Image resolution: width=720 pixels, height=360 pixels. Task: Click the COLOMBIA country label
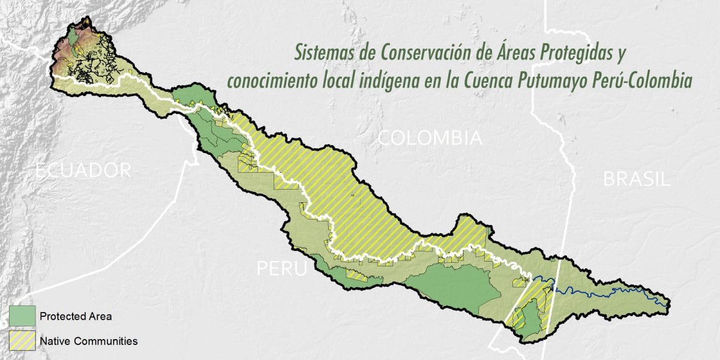[430, 139]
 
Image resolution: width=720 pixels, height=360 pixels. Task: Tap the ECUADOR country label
[83, 170]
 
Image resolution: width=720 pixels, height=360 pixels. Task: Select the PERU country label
[282, 268]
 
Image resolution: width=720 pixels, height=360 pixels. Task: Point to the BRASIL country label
[637, 179]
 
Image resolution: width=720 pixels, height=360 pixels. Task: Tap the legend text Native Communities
[89, 341]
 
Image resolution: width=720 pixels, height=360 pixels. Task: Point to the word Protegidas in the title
[574, 53]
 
